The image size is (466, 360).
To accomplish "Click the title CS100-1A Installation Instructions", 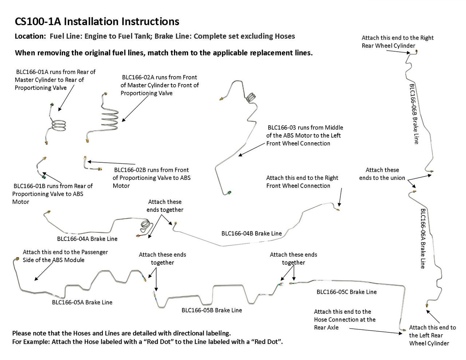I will (x=97, y=21).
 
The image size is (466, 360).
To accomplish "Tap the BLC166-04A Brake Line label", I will (x=87, y=239).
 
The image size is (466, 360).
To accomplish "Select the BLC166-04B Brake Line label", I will (x=251, y=233).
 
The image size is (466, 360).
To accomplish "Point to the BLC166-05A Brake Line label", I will (x=82, y=302).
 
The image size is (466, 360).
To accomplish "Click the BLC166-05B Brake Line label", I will (x=212, y=310).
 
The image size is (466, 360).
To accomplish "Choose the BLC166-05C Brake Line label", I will (x=346, y=292).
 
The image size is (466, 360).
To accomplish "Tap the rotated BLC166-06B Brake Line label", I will (x=414, y=114).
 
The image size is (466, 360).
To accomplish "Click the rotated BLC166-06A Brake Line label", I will (x=423, y=238).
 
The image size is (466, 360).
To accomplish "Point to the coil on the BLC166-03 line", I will (x=251, y=98).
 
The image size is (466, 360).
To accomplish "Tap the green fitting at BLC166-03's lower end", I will (x=229, y=192).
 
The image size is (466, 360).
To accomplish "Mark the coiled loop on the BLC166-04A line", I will (x=145, y=228).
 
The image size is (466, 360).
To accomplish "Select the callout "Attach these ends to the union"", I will (x=382, y=174).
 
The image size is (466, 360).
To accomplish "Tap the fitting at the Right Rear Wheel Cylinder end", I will (x=416, y=52).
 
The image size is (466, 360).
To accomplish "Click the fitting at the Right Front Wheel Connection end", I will (x=338, y=210).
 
